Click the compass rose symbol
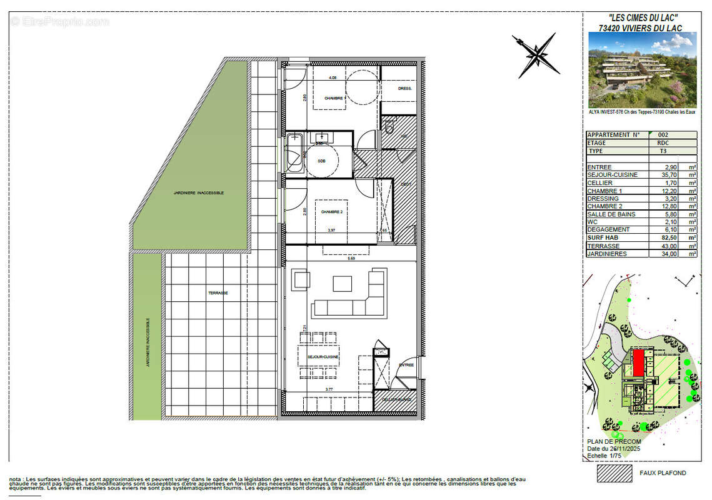(536, 55)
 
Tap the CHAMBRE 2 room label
(332, 212)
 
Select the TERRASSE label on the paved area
(218, 293)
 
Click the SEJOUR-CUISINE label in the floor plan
(323, 357)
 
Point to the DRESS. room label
(404, 89)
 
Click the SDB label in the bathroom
(321, 161)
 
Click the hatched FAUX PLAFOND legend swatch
(614, 473)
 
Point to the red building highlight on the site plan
(638, 362)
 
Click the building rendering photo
(642, 69)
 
